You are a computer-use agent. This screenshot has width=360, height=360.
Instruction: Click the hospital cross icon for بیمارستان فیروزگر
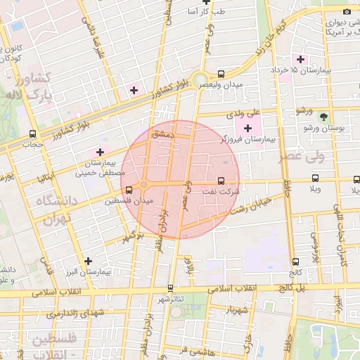point(247,128)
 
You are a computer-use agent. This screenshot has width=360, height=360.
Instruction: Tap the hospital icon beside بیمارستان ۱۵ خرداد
point(301,59)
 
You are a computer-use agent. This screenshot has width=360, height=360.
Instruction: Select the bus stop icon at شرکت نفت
point(223,180)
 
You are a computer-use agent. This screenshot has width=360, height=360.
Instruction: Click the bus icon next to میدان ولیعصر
point(221,73)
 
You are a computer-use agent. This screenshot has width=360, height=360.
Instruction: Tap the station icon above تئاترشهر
point(170,288)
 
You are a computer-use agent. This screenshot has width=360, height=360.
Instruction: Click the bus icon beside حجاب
point(32,134)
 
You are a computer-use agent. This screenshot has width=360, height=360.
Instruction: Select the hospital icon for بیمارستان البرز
point(88,260)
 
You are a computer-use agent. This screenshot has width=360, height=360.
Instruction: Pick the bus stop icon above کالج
point(295,262)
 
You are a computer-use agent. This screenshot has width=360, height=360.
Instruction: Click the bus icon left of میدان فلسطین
point(128,189)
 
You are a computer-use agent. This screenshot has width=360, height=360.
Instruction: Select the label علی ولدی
point(243,112)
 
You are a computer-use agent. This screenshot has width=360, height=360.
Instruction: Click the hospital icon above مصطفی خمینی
point(100,151)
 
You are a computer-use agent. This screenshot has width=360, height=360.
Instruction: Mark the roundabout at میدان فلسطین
point(143,185)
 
